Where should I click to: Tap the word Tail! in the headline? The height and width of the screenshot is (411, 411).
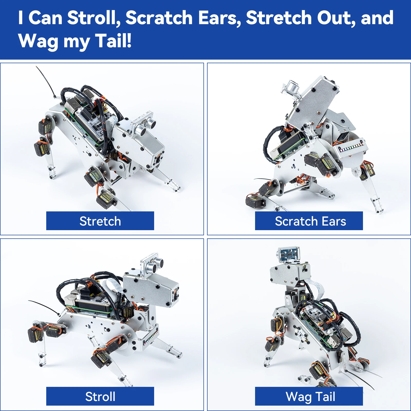point(113,41)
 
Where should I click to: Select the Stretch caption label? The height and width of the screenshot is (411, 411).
point(100,221)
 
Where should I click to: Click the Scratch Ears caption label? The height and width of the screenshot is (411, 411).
point(309,221)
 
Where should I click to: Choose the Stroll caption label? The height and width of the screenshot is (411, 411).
point(100,396)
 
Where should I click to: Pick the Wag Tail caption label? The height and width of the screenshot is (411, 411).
point(309,396)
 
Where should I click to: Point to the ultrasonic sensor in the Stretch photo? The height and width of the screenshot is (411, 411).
point(144,126)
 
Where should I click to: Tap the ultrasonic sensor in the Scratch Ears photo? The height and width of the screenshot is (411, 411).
point(292,88)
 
